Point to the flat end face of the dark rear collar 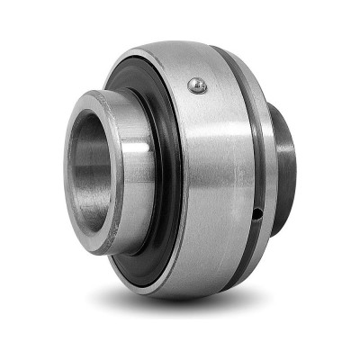[x=293, y=162]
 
